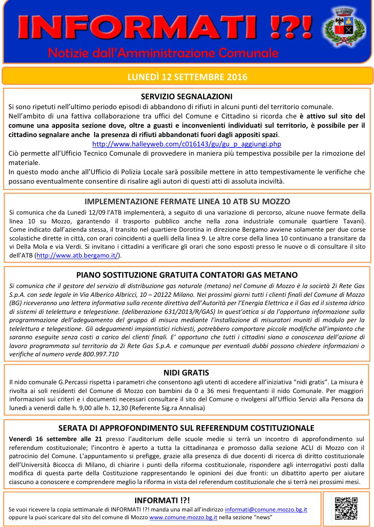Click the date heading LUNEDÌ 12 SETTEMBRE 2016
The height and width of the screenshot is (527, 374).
(x=187, y=77)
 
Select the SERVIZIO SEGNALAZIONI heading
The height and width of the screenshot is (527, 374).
(x=187, y=97)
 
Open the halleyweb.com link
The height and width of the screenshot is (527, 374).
(x=187, y=144)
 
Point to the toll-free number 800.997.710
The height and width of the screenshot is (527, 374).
(x=89, y=354)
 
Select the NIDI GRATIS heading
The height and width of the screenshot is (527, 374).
(x=186, y=373)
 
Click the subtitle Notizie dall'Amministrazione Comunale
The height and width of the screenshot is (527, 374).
(x=163, y=53)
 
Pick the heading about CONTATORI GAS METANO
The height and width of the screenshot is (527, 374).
(x=187, y=275)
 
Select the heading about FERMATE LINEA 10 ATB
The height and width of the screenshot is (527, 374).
(x=187, y=202)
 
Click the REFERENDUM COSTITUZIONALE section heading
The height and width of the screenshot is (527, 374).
(x=186, y=428)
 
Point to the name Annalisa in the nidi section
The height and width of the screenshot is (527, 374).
(x=191, y=408)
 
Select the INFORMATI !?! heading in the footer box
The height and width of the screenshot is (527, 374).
(x=162, y=500)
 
